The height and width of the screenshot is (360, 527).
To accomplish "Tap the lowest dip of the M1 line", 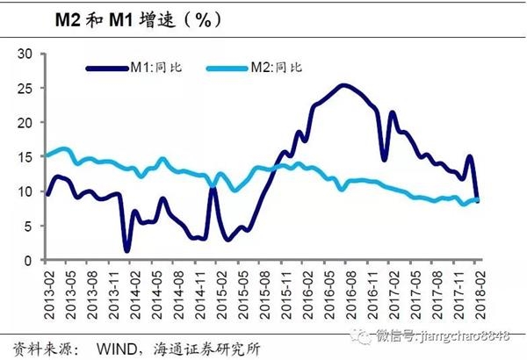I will click(x=126, y=251).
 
